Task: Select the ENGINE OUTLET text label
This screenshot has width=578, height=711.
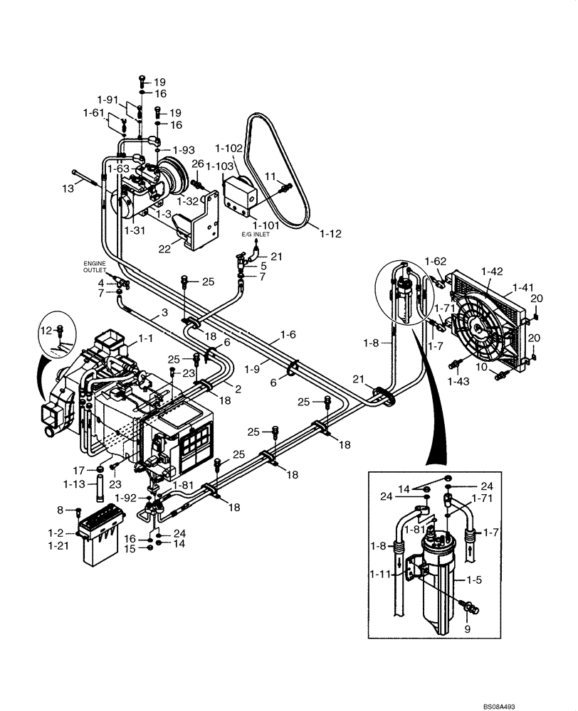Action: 93,267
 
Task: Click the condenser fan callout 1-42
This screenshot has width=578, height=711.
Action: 492,271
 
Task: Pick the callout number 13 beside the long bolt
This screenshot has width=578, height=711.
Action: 68,188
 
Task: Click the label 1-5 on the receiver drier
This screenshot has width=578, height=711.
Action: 475,579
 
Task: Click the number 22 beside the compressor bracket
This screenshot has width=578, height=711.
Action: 164,248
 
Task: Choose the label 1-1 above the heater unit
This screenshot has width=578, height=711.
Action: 145,339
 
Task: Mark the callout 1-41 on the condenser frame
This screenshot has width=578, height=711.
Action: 522,288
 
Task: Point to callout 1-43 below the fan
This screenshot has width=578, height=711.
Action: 458,382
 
